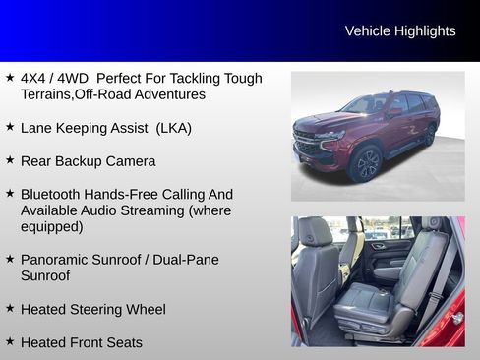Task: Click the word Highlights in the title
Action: (x=425, y=30)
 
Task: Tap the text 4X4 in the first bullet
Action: (x=35, y=78)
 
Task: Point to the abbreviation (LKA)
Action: (x=173, y=128)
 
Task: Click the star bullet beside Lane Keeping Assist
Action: (x=10, y=127)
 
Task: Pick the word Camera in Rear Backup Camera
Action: (x=132, y=160)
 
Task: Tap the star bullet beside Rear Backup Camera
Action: (x=10, y=159)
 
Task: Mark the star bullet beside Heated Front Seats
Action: (x=10, y=341)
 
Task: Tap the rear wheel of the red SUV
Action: (x=430, y=135)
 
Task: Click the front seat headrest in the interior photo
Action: (x=315, y=232)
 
